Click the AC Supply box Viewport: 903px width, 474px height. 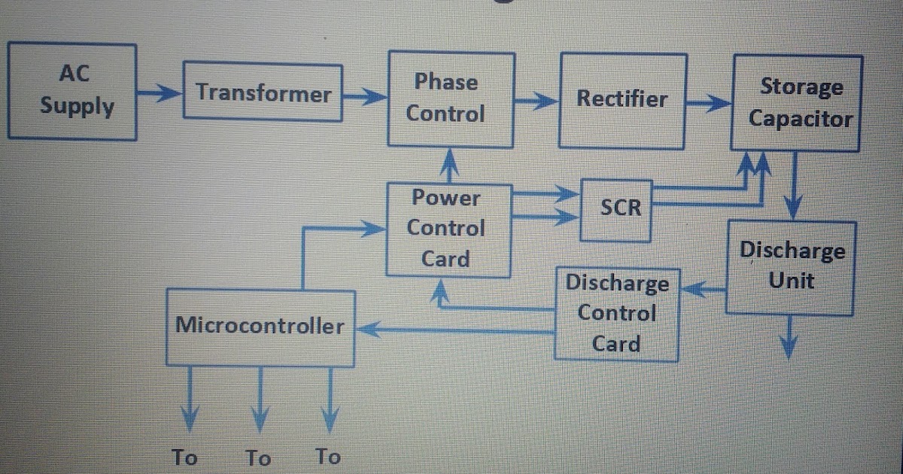tap(72, 90)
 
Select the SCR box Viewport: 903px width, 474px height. tap(619, 208)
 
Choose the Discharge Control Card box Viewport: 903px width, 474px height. tap(616, 313)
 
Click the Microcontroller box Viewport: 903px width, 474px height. tap(260, 326)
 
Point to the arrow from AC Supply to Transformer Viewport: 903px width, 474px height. tap(160, 93)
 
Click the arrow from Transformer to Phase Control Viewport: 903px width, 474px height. tap(364, 96)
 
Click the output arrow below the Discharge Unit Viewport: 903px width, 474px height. tap(789, 336)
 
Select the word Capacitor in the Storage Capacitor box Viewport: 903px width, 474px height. tap(800, 119)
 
